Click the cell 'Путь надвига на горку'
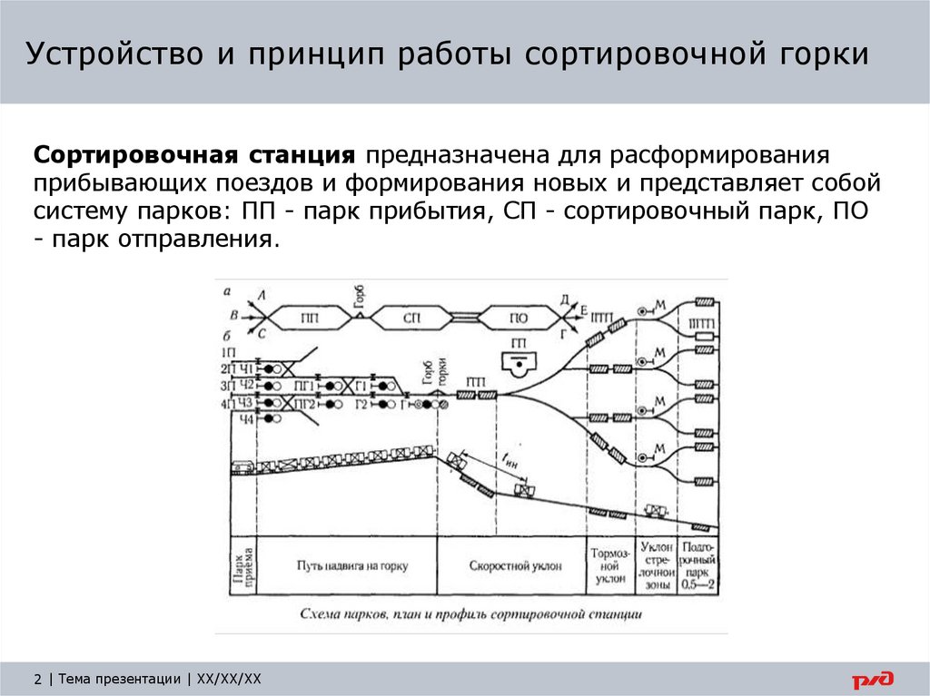point(351,565)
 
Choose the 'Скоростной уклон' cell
point(516,565)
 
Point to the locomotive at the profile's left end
point(242,467)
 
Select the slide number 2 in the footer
point(37,679)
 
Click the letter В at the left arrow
point(235,316)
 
